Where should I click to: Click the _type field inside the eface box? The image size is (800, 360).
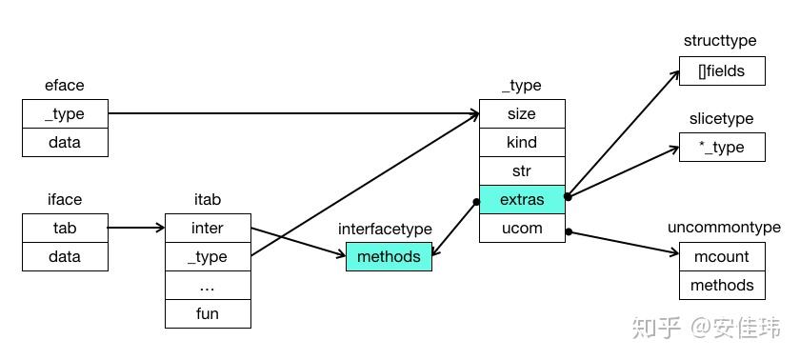(x=65, y=114)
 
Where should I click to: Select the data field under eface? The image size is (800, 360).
(x=65, y=143)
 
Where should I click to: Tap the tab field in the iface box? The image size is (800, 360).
(x=65, y=229)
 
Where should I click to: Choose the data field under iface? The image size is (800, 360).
(x=65, y=257)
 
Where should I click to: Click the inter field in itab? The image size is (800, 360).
(x=208, y=229)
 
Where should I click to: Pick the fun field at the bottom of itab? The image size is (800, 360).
(x=208, y=314)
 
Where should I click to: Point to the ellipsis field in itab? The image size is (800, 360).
(x=208, y=286)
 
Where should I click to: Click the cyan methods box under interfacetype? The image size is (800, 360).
(x=389, y=257)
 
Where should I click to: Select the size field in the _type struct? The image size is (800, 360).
(x=522, y=114)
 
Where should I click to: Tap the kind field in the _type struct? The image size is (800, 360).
(x=522, y=143)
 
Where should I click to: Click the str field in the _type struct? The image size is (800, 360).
(x=522, y=171)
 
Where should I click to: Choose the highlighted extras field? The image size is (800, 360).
(x=522, y=200)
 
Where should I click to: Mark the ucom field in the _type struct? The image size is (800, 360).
(x=522, y=229)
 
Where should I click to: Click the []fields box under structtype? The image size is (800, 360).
(x=722, y=71)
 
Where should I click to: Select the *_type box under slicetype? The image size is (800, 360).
(x=722, y=148)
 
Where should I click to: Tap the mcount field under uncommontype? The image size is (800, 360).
(x=722, y=257)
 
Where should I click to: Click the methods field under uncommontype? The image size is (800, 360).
(x=722, y=286)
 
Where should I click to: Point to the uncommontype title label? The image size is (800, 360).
(x=724, y=228)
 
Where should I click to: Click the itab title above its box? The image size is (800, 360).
(x=208, y=200)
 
